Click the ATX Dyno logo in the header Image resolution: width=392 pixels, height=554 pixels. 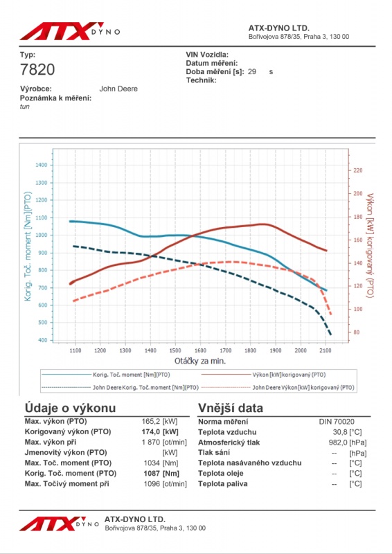[69, 31]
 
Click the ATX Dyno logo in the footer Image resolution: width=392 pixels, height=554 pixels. [59, 524]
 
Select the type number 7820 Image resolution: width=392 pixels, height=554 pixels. [37, 70]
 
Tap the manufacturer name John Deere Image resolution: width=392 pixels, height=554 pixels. [118, 89]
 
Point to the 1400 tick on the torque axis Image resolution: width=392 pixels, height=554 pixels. [42, 165]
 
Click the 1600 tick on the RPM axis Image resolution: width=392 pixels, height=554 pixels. [200, 350]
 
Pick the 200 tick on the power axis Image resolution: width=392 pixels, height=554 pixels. [358, 194]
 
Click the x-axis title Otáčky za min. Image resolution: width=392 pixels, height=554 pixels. [200, 361]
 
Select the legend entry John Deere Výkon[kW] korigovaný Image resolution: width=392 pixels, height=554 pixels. [303, 388]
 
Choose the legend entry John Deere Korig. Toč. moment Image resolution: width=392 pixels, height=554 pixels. [145, 388]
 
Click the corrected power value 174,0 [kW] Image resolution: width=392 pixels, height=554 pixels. [160, 431]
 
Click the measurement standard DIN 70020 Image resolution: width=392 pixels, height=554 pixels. [337, 422]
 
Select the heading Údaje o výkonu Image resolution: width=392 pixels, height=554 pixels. [71, 408]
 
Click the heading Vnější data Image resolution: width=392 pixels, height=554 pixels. [231, 408]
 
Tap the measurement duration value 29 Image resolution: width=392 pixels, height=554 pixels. [252, 72]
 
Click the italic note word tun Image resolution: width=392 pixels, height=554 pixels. [25, 107]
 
